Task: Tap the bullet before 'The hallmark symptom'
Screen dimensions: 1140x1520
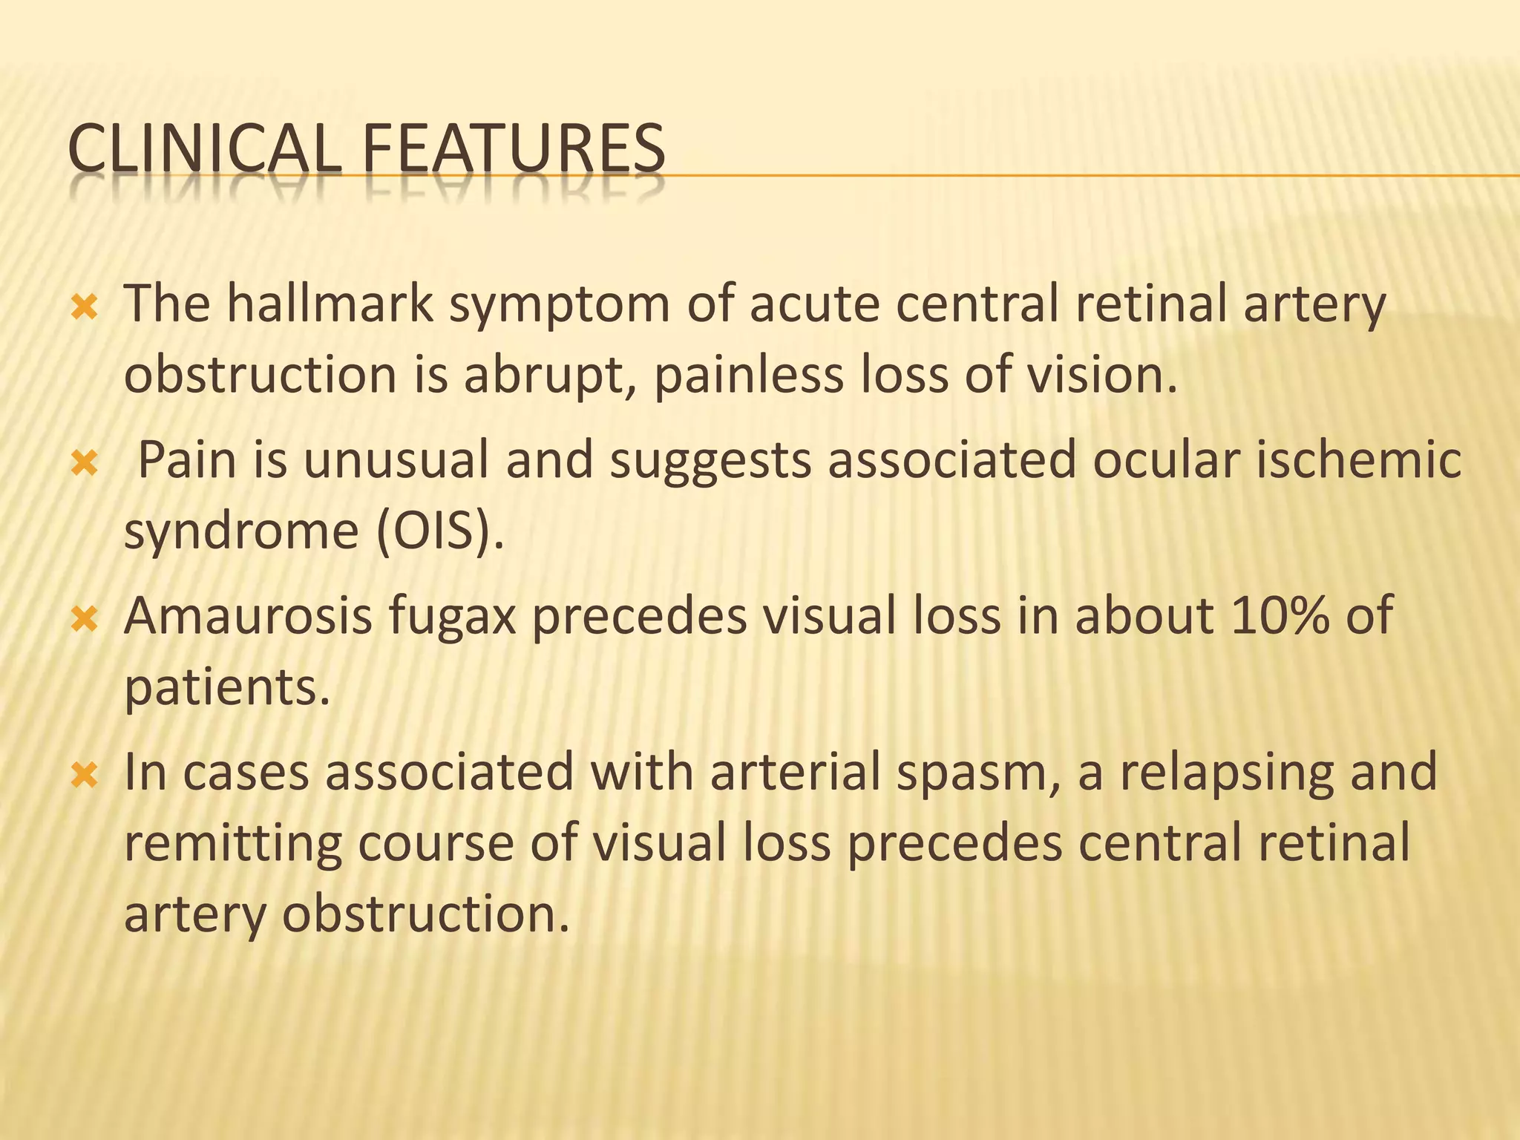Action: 85,307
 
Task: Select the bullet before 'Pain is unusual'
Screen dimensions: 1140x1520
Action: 85,464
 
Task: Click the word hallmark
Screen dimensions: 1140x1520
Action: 330,304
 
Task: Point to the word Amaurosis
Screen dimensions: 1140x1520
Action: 248,617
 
